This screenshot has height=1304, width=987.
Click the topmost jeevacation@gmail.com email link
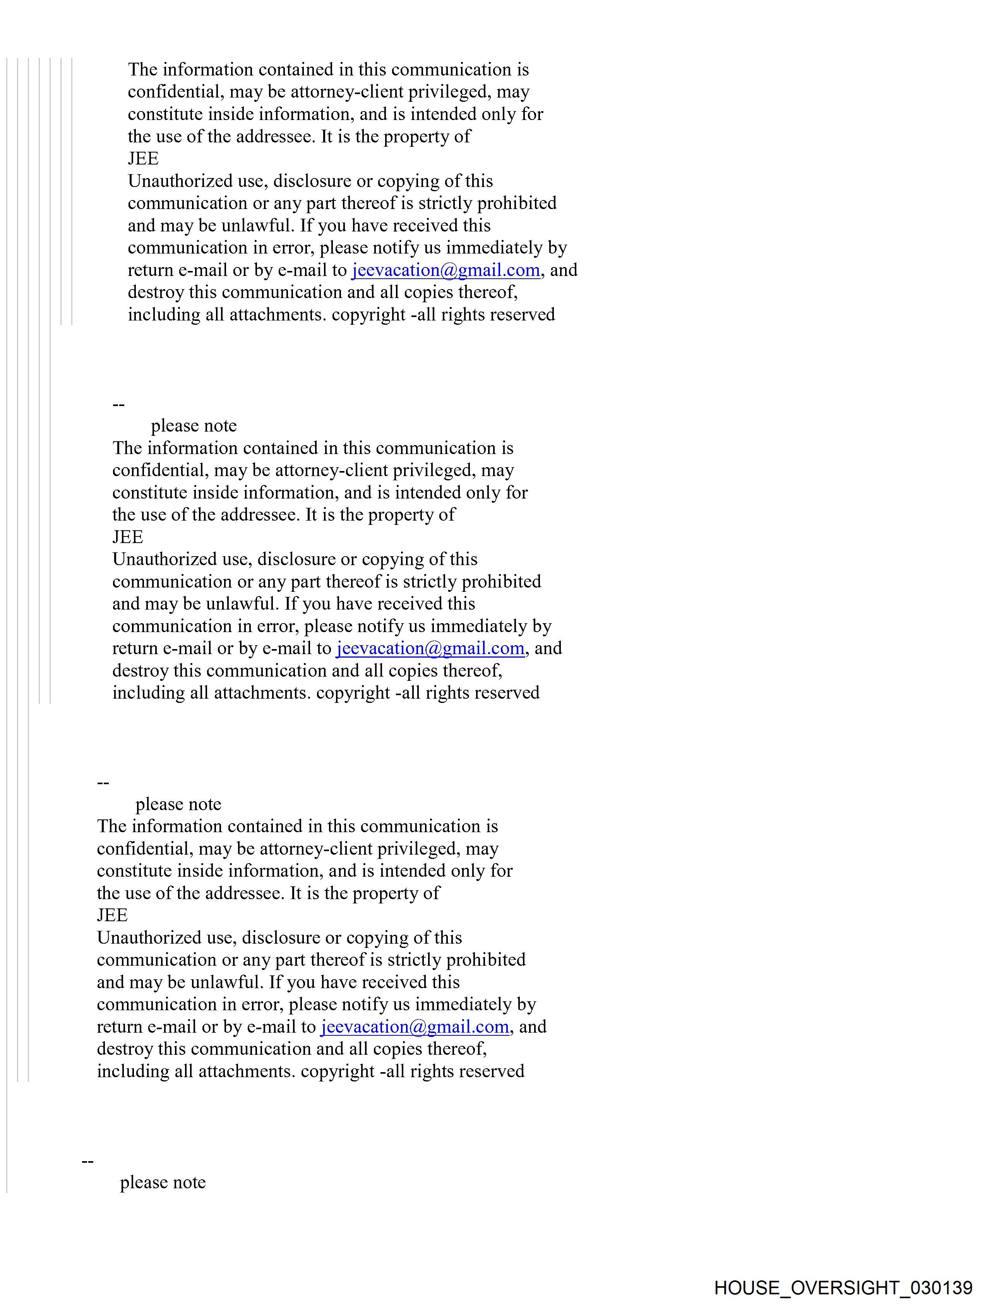coord(446,270)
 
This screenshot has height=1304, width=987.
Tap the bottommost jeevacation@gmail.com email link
coord(415,1027)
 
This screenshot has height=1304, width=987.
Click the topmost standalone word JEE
coord(143,159)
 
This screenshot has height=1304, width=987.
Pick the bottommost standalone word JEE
coord(112,915)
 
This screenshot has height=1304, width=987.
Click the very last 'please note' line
coord(163,1182)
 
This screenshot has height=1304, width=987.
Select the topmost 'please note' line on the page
coord(194,426)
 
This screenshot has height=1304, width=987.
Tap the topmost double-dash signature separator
coord(118,404)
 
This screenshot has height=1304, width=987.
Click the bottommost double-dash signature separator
coord(87,1161)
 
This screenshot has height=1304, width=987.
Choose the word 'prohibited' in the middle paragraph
coord(501,582)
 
